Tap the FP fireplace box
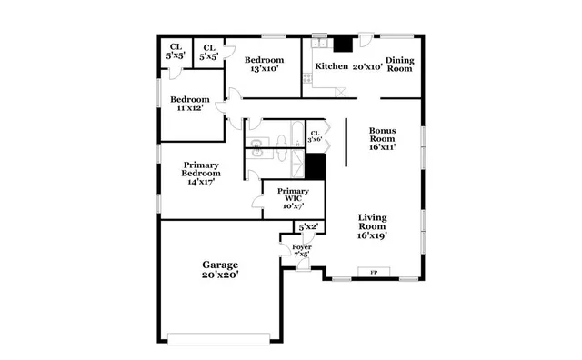point(372,272)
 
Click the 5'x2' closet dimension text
point(308,226)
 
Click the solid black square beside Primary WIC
point(316,166)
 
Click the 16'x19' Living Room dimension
point(374,235)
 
